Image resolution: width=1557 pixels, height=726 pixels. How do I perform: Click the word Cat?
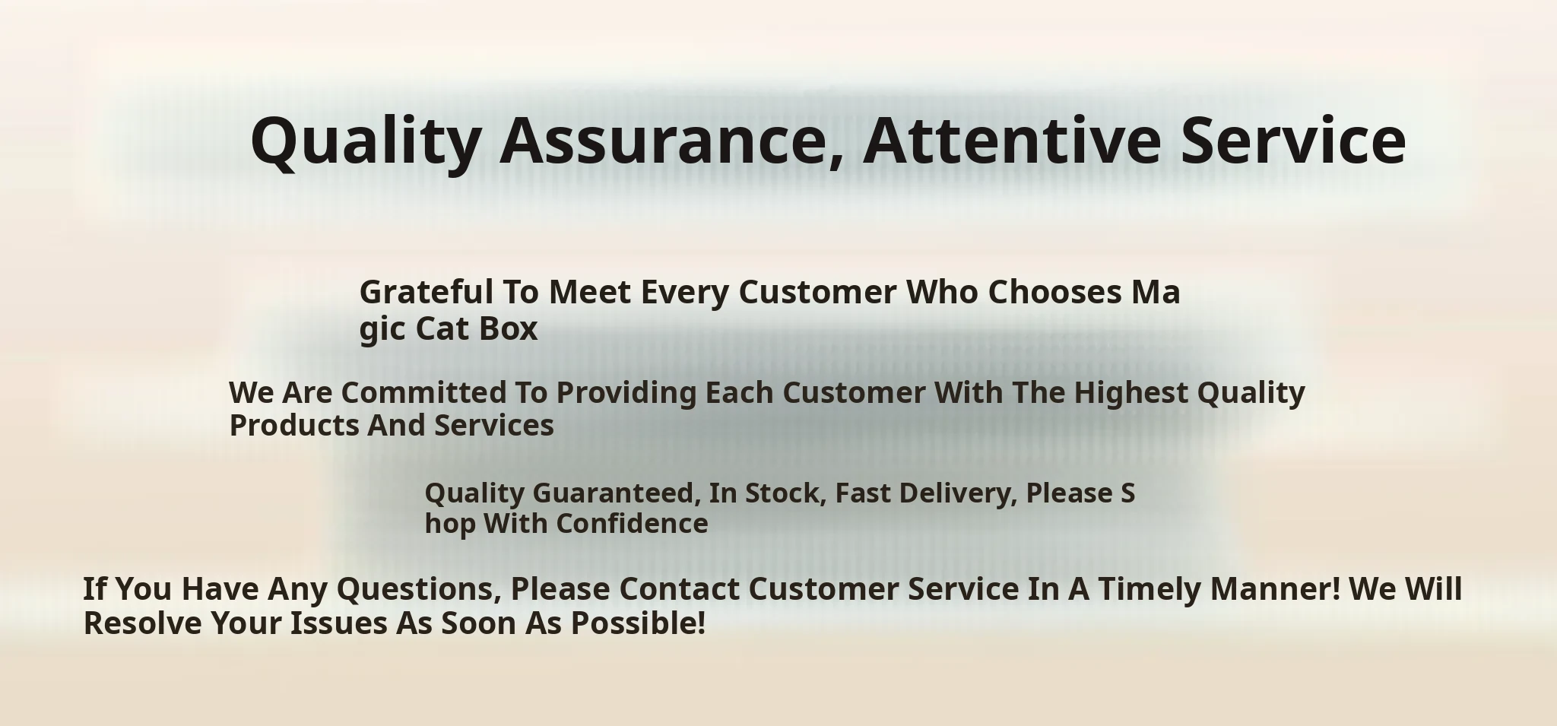[x=442, y=328]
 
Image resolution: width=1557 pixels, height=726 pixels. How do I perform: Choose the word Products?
[x=294, y=426]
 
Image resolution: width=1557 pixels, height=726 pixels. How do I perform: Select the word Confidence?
[x=633, y=524]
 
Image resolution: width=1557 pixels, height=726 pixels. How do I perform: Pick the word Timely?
[x=1149, y=590]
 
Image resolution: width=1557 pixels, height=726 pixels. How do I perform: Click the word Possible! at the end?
[x=639, y=623]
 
